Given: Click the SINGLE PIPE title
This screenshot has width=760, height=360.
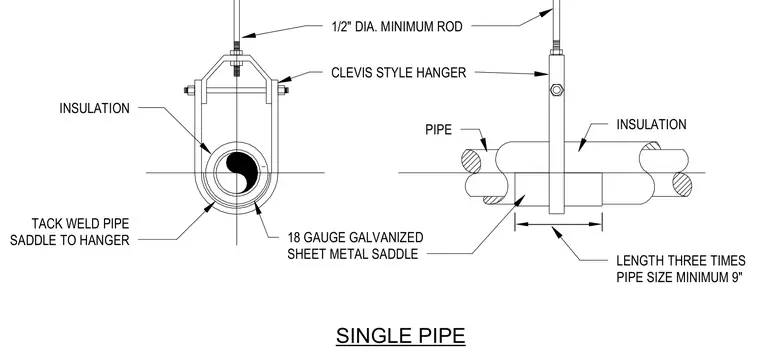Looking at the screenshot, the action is point(401,336).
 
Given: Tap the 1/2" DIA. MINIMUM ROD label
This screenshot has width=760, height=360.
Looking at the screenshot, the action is point(397,26).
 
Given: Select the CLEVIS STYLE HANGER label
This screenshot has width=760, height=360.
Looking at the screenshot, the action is point(398,73).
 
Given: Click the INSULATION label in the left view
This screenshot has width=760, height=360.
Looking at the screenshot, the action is point(95,108).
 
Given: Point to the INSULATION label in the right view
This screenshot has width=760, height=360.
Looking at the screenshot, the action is point(651,125).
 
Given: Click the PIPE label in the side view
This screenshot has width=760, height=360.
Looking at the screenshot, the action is point(439,129).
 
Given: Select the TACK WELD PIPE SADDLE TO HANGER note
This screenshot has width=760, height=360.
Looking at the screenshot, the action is point(70,232).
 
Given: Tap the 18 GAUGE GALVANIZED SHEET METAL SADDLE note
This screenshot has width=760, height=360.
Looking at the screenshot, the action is point(355,246).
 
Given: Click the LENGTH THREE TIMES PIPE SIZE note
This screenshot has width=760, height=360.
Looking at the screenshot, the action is point(681,269).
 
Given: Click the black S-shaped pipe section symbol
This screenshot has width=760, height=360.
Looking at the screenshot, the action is point(241,172).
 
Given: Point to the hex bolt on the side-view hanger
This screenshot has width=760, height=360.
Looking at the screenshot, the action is point(556,90).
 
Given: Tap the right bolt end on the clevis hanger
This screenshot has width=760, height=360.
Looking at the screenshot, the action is point(283,90).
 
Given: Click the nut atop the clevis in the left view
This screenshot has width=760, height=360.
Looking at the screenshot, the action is point(236,52).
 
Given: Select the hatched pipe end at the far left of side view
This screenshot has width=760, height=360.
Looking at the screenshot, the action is point(471,161).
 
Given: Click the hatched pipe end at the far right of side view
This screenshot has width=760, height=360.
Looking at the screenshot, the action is point(682,185).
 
